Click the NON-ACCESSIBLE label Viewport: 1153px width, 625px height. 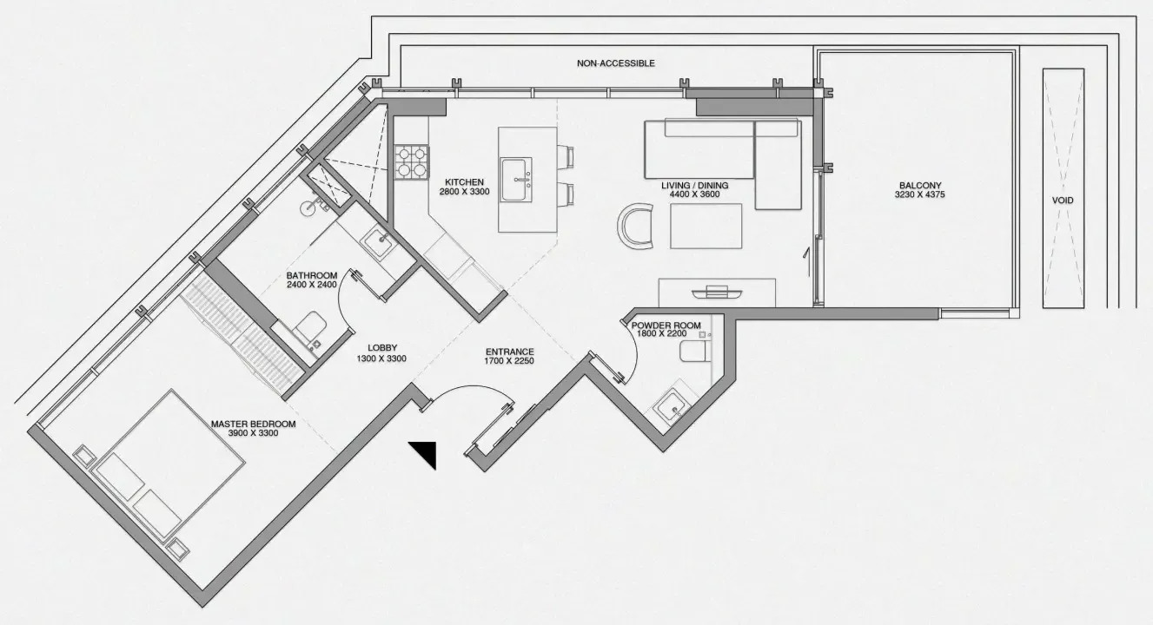(x=616, y=63)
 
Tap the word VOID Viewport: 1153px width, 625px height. (x=1063, y=201)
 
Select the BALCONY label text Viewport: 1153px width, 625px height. (x=920, y=185)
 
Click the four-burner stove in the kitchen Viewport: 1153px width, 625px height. (x=411, y=161)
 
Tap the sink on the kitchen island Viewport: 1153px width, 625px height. (x=517, y=180)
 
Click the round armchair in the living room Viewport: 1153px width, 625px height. (x=634, y=227)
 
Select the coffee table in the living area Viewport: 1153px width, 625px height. (x=706, y=226)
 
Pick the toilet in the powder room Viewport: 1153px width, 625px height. (x=695, y=352)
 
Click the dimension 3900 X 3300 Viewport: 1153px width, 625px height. (x=253, y=433)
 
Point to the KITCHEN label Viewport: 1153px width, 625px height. (x=464, y=182)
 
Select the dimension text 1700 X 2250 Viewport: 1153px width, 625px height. (x=509, y=361)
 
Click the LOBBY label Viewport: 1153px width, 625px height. (x=382, y=348)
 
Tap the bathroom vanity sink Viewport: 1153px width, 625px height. (x=380, y=240)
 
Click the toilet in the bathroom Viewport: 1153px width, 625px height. (x=310, y=332)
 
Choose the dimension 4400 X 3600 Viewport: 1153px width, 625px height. (x=695, y=194)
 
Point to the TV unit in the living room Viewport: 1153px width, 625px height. (x=717, y=293)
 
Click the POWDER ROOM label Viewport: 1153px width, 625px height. (x=666, y=326)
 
